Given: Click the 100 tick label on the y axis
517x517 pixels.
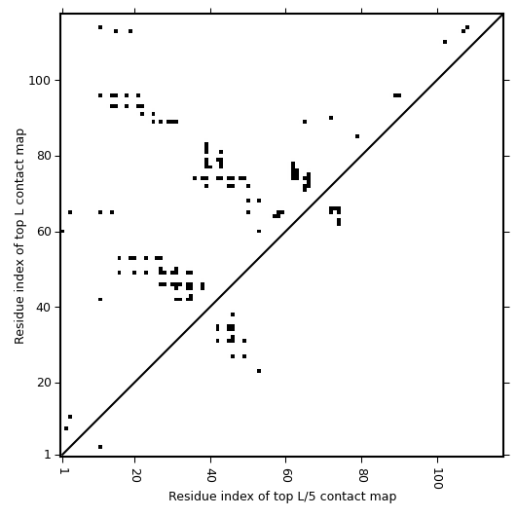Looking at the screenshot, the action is (39, 81).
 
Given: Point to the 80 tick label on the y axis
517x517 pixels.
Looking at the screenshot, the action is (43, 156).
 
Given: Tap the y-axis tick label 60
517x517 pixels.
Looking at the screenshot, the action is (43, 232).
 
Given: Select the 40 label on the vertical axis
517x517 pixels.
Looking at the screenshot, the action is (43, 308).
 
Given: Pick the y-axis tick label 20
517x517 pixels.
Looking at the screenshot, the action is (43, 383).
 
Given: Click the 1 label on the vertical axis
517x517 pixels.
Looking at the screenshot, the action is (47, 455).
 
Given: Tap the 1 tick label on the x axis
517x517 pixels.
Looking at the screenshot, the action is (62, 471).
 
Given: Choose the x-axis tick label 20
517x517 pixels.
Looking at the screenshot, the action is (135, 474).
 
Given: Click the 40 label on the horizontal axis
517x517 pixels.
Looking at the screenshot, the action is (210, 474).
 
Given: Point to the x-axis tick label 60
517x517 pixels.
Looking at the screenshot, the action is (286, 474).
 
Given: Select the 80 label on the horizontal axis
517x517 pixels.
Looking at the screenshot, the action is (362, 474).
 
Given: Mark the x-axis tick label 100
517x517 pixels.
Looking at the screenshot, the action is (437, 478).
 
